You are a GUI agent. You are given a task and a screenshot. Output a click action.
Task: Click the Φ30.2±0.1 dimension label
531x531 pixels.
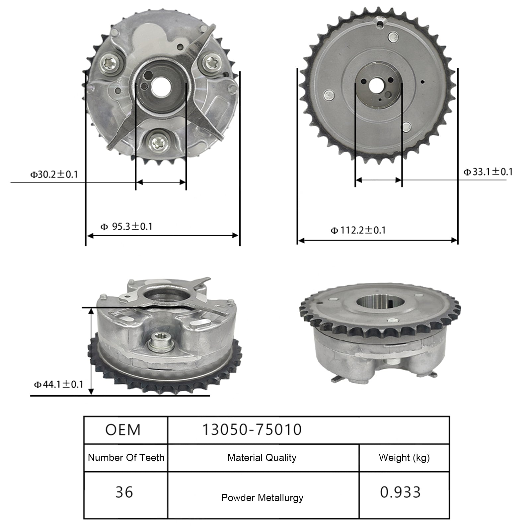pyautogui.click(x=54, y=175)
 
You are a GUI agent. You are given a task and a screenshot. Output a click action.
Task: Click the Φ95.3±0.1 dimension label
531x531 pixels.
pyautogui.click(x=126, y=227)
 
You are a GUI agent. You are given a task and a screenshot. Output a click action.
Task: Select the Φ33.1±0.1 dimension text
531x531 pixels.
pyautogui.click(x=488, y=172)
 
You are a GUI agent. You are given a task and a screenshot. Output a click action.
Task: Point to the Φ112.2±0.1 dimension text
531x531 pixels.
pyautogui.click(x=358, y=230)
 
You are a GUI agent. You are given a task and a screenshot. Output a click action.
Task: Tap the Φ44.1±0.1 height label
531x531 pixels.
pyautogui.click(x=58, y=385)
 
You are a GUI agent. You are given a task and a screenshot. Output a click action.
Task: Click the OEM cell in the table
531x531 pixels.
pyautogui.click(x=123, y=430)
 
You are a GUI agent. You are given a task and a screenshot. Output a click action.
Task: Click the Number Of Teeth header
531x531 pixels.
pyautogui.click(x=126, y=458)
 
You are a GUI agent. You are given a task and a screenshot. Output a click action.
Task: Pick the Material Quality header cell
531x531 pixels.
pyautogui.click(x=262, y=458)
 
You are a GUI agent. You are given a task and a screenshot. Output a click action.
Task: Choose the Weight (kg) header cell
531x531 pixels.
pyautogui.click(x=404, y=458)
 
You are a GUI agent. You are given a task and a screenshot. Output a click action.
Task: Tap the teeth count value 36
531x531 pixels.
pyautogui.click(x=124, y=492)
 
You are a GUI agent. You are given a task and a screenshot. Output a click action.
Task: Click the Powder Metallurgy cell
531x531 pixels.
pyautogui.click(x=262, y=497)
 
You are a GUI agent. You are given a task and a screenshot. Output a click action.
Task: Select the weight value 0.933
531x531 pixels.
pyautogui.click(x=400, y=492)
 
